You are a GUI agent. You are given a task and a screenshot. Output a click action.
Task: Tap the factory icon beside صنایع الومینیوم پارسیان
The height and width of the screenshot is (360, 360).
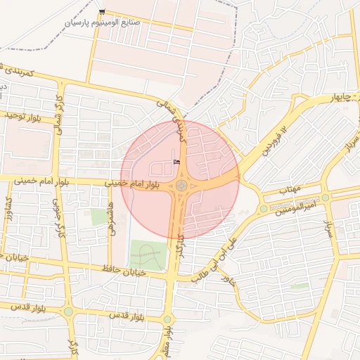coord(103,12)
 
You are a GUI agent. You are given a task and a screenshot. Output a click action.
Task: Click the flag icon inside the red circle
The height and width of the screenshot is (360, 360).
coord(176,162)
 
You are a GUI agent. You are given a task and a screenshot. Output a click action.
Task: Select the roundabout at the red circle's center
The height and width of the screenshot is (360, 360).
coord(181,186)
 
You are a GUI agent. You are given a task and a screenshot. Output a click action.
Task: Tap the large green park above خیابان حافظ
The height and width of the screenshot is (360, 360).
coord(150,255)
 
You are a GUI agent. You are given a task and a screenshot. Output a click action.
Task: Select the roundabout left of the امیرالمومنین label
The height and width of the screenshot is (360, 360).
coord(264,209)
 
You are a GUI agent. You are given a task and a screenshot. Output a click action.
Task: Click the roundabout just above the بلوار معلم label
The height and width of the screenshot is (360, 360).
coord(167,319)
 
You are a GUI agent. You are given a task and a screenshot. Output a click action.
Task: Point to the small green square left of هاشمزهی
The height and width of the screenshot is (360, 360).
coord(99,217)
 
